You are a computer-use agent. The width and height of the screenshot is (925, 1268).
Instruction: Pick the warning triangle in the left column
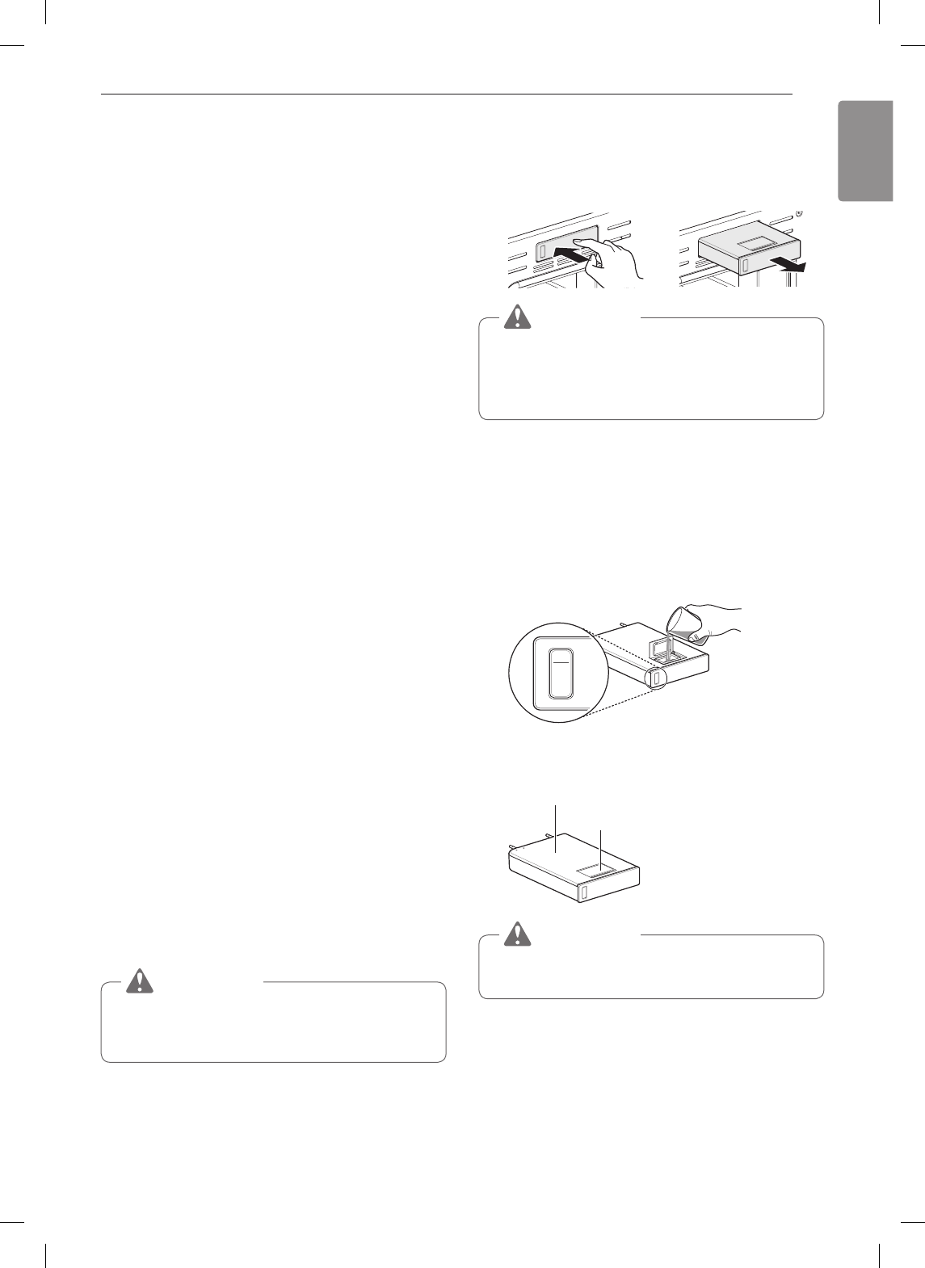[140, 980]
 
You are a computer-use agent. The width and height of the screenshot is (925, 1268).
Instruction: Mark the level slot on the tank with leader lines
[582, 892]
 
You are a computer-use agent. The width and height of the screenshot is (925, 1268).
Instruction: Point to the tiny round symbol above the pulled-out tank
[799, 214]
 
